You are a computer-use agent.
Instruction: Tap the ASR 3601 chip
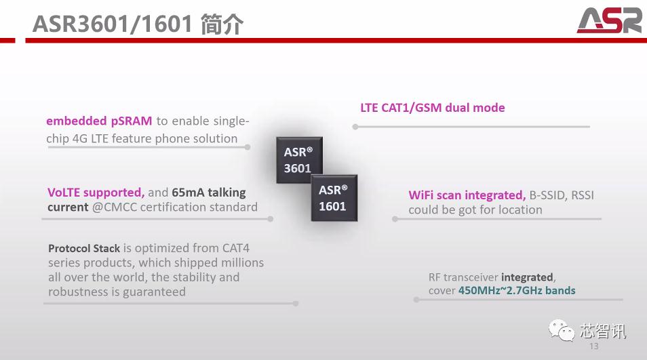tap(298, 160)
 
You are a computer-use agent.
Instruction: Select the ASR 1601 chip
tap(333, 197)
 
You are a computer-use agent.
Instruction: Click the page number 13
tap(594, 346)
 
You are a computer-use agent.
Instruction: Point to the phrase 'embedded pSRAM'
tap(99, 121)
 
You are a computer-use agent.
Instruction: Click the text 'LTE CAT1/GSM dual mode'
tap(432, 108)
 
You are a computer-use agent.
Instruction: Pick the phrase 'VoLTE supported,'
tap(96, 193)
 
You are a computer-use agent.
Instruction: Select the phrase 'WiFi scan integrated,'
tap(467, 195)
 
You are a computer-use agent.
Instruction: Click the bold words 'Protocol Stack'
tap(84, 249)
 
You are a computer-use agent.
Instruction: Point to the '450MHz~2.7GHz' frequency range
tap(501, 290)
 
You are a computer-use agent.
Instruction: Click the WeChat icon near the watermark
tap(562, 331)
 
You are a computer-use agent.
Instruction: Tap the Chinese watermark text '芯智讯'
tap(603, 331)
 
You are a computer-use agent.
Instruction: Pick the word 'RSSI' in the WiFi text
tap(581, 195)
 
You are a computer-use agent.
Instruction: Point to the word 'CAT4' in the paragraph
tap(236, 248)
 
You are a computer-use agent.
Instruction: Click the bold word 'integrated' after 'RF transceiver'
tap(527, 277)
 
